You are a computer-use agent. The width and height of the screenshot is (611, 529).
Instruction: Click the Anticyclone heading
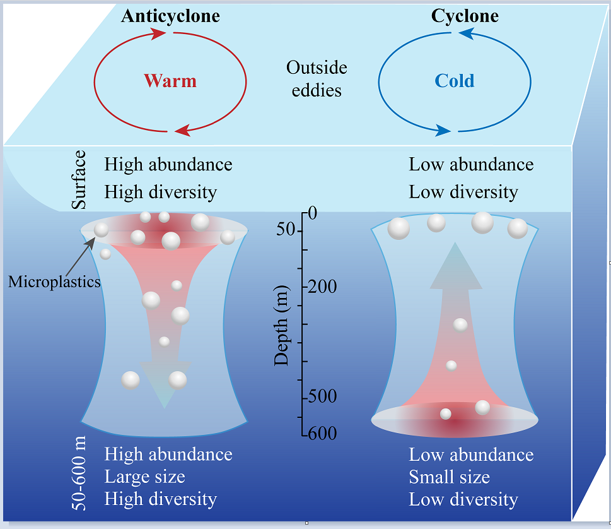[x=170, y=16]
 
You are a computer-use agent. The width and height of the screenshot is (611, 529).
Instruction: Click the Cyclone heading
[x=465, y=16]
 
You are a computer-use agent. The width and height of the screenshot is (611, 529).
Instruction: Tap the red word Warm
[x=170, y=81]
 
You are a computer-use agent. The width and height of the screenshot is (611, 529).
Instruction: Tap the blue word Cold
[x=454, y=81]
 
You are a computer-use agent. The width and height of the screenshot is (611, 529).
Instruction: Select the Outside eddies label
[x=317, y=79]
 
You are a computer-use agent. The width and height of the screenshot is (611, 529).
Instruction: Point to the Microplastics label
[x=54, y=282]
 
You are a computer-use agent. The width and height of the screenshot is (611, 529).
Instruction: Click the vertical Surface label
[x=79, y=181]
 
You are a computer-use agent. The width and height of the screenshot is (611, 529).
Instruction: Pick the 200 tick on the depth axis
[x=322, y=287]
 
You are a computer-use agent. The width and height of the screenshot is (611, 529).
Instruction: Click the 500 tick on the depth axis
[x=322, y=397]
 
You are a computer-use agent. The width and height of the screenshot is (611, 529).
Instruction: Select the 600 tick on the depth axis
[x=322, y=434]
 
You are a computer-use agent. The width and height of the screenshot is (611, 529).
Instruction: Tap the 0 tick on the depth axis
[x=312, y=214]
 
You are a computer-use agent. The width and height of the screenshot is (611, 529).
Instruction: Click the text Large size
[x=145, y=477]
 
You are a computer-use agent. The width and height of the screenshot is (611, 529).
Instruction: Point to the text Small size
[x=450, y=477]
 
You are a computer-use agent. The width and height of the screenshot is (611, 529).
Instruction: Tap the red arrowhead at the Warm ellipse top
[x=158, y=33]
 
